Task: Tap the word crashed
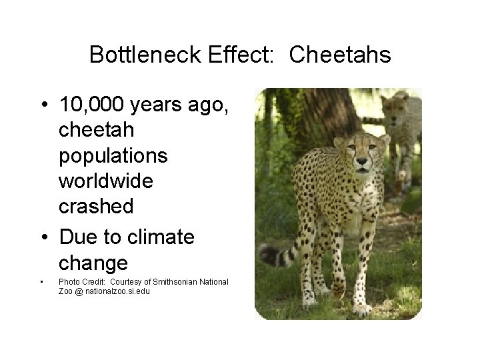[96, 206]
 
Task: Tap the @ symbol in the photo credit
[78, 291]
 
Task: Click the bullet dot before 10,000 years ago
[43, 105]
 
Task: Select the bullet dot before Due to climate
[43, 236]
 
